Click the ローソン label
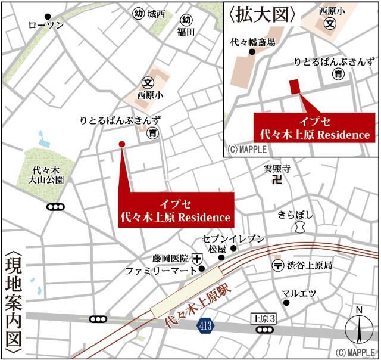(46, 26)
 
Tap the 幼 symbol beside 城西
(139, 14)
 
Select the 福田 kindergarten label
(186, 32)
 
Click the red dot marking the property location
(121, 144)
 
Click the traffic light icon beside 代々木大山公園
(55, 207)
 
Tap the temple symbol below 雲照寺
(276, 180)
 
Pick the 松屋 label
(217, 247)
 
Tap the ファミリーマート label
(160, 271)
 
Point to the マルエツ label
(299, 293)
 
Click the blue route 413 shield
(205, 325)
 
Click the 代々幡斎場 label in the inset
(253, 42)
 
